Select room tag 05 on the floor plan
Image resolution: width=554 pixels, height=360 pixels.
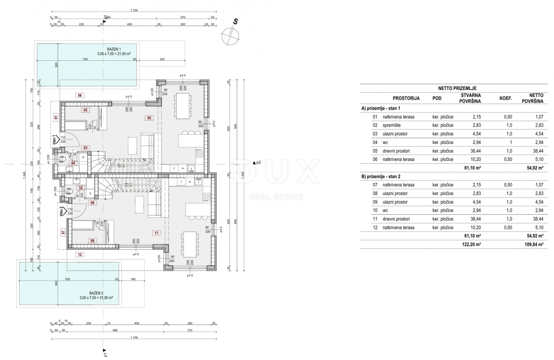tap(149, 118)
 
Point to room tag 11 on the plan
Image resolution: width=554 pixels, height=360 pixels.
tap(157, 233)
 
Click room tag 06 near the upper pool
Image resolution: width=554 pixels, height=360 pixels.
tap(80, 95)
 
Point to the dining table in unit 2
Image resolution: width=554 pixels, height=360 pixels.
tap(189, 244)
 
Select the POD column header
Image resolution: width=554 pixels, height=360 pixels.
tap(437, 98)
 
